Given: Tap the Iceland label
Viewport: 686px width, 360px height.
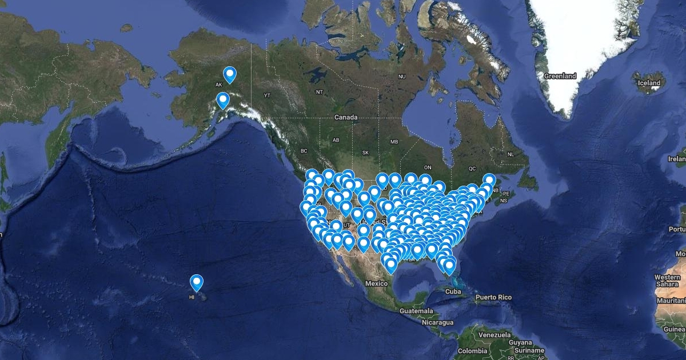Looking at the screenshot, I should pos(649,83).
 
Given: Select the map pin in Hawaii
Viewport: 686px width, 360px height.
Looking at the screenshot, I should pos(197,282).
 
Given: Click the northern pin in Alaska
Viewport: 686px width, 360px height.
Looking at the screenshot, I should pos(230,74).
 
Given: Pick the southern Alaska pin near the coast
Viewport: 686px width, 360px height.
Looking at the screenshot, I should pos(223,101).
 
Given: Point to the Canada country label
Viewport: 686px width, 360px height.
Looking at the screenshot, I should pos(346,117).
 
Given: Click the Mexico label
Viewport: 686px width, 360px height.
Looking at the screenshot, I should pos(377,283).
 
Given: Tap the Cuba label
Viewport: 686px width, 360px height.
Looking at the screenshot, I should pos(453,291).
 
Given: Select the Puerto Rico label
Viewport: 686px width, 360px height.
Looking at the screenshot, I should pos(493,297).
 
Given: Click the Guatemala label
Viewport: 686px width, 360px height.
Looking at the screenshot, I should pos(416,310).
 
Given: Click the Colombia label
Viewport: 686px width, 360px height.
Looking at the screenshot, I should pos(472,350).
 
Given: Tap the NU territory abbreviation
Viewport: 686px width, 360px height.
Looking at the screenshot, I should pos(402,76).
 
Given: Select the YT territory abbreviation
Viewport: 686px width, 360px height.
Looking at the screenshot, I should pos(266,94).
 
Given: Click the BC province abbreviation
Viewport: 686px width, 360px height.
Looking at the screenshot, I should pos(304,151).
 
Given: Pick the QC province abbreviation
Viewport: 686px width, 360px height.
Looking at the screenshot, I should pos(472,169).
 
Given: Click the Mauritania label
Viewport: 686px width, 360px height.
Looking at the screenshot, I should pos(671,301).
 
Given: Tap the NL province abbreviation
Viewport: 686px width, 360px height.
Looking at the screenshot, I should pos(510,154).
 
